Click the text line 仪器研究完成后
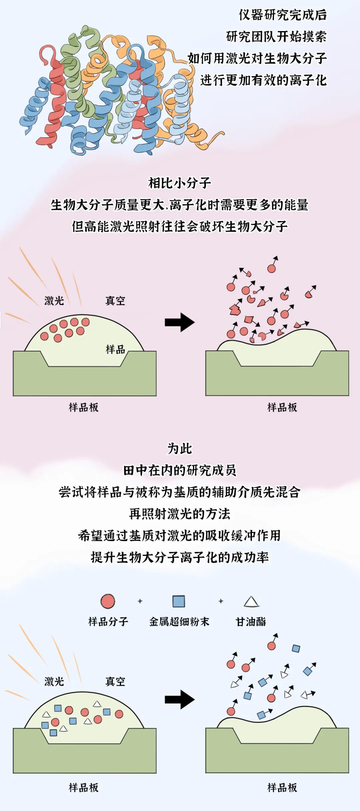click(283, 15)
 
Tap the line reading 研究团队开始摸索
click(276, 37)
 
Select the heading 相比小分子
click(180, 183)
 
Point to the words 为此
click(180, 449)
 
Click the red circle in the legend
click(108, 601)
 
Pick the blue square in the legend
click(179, 601)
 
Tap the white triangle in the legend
click(251, 602)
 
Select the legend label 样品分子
click(108, 621)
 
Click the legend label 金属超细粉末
click(179, 621)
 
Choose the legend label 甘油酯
click(251, 621)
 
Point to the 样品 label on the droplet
click(115, 349)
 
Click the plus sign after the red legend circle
click(140, 601)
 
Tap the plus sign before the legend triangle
click(221, 601)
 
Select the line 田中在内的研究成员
click(180, 470)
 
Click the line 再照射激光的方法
click(180, 514)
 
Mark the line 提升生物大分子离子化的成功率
click(180, 557)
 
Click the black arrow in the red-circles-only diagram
click(180, 322)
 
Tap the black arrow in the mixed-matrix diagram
click(180, 699)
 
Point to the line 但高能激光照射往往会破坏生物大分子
click(180, 226)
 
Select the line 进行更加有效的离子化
click(263, 80)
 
